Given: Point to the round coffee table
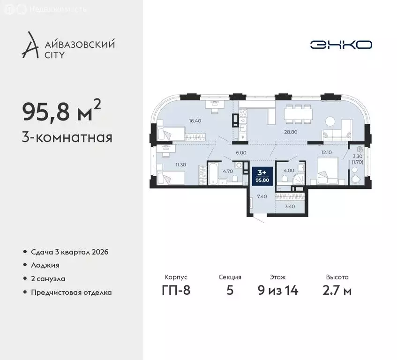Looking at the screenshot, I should [x=331, y=121].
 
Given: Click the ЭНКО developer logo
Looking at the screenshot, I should [x=341, y=45].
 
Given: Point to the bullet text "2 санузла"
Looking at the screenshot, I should [x=45, y=278].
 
